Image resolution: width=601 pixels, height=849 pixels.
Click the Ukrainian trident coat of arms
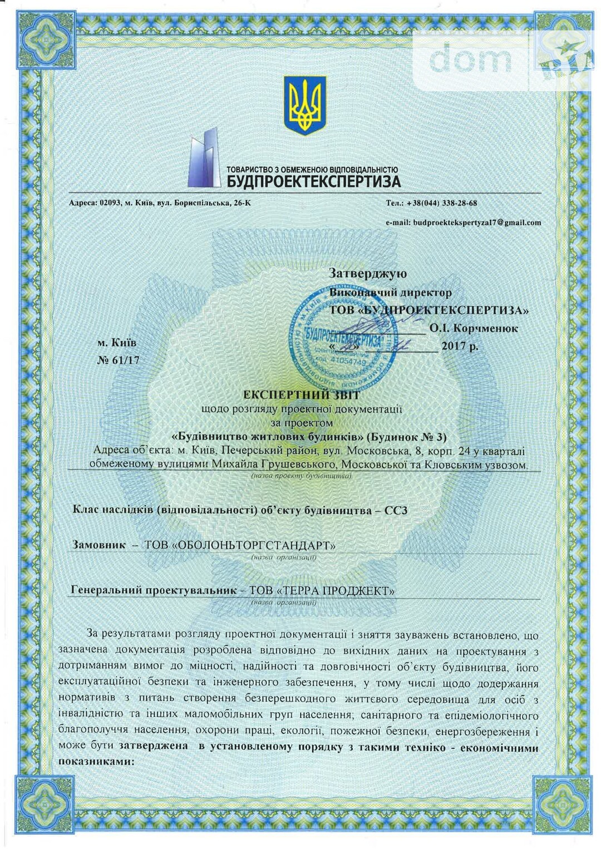(x=305, y=105)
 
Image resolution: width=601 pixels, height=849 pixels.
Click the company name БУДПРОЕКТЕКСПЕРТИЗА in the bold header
(x=313, y=181)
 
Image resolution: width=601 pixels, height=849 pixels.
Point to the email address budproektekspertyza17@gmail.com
(x=476, y=223)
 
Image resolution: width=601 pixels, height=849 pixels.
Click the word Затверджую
(x=368, y=274)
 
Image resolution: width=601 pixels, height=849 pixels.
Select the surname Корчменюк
(x=490, y=329)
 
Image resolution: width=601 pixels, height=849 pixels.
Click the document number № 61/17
(x=118, y=360)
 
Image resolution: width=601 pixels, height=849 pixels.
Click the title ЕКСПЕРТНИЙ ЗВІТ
(x=302, y=395)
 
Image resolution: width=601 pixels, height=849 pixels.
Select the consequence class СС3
(x=396, y=510)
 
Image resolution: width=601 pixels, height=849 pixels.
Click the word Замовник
(x=99, y=545)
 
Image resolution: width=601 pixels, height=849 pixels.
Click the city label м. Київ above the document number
(x=117, y=343)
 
